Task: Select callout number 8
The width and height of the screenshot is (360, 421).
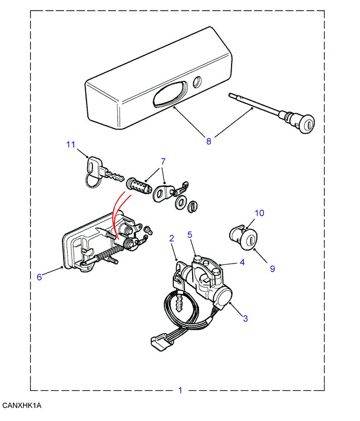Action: coord(208,141)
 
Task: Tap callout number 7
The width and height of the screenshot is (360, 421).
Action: coord(163,162)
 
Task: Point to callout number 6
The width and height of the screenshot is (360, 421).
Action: coord(39,277)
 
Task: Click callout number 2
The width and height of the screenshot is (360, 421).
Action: coord(171,239)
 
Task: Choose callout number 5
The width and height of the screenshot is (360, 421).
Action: coord(190,234)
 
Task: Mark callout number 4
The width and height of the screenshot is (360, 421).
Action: coord(242,263)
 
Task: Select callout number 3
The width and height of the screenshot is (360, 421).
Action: coord(245,318)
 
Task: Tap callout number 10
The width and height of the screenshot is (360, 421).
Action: coord(260,213)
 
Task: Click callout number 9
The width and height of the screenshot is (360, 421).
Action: coord(272,269)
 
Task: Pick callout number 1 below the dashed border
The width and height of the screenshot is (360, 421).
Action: coord(180,390)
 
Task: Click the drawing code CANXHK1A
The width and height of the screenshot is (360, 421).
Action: coord(22,406)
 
